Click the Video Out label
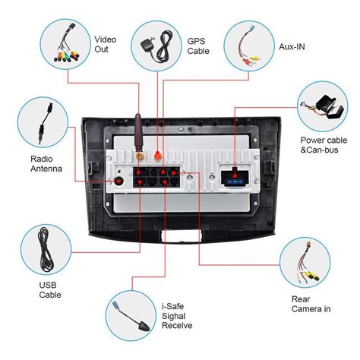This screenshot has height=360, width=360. click(x=106, y=45)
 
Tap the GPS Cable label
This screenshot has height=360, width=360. click(x=198, y=46)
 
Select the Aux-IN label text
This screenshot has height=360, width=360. click(x=292, y=46)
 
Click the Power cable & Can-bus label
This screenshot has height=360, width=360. click(x=324, y=145)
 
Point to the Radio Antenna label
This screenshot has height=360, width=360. click(x=46, y=164)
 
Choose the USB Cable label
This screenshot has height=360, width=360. click(x=50, y=290)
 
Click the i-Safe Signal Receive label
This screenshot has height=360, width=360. click(x=177, y=316)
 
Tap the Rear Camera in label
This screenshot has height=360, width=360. click(x=311, y=304)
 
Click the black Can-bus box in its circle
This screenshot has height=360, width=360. click(x=330, y=107)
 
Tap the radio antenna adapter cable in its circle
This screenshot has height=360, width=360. click(x=46, y=124)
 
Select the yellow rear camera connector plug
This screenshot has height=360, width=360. click(x=312, y=276)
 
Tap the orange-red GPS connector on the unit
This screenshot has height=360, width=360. click(x=158, y=156)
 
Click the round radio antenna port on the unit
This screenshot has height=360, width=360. click(x=118, y=181)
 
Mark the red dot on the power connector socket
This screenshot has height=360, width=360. click(x=235, y=175)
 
